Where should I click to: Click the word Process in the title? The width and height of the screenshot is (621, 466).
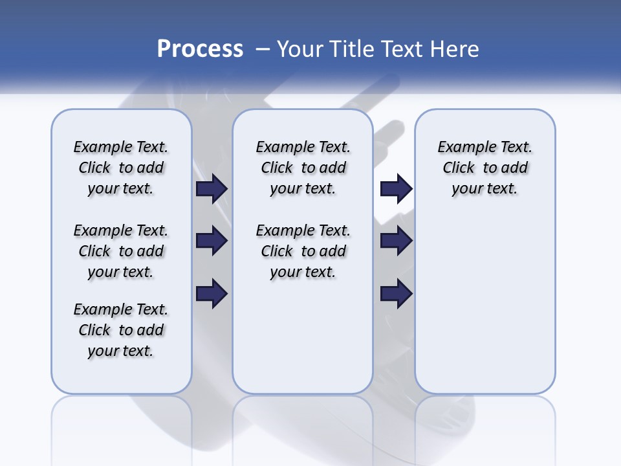click(200, 49)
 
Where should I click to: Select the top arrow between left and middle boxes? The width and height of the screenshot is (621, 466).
click(212, 189)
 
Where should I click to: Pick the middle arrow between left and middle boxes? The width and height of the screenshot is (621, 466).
click(212, 241)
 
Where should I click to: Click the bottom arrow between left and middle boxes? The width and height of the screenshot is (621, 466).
click(212, 294)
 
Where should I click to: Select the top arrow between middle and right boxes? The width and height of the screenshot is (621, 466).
click(396, 189)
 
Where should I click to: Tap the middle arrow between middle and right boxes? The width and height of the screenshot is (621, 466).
click(396, 241)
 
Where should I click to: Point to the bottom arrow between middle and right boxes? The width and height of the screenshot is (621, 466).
click(396, 294)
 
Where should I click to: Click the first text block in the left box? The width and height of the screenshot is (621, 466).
click(121, 168)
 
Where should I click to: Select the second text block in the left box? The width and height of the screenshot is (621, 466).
click(121, 251)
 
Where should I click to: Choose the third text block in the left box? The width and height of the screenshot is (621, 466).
click(121, 330)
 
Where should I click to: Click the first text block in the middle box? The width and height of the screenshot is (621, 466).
click(303, 168)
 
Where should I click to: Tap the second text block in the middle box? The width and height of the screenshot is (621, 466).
click(303, 251)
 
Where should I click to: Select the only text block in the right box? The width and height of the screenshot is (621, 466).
click(485, 168)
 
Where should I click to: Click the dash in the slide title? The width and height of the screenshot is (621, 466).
click(263, 49)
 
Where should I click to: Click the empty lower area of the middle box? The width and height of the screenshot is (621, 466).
click(303, 337)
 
